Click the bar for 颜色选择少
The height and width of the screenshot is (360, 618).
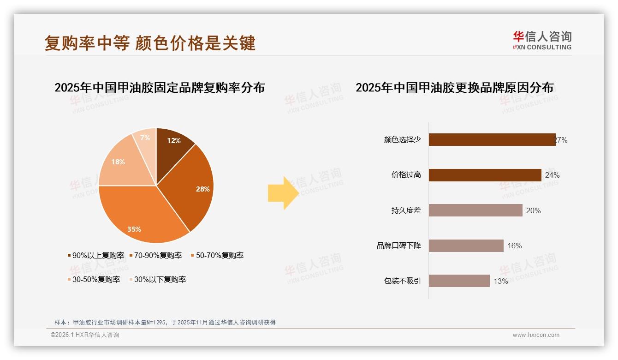click(492, 139)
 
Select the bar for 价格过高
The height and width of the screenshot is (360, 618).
click(485, 175)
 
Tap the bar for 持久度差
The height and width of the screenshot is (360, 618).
click(475, 210)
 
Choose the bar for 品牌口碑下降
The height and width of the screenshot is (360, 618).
click(466, 246)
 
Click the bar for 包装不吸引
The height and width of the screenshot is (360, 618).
click(459, 281)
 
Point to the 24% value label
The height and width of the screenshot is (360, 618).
click(552, 175)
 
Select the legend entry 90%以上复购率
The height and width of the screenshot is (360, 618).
click(95, 255)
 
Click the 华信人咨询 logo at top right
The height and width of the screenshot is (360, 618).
click(542, 40)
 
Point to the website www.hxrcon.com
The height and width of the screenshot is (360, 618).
click(536, 335)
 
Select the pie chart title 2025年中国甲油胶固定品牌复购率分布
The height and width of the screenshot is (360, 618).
click(160, 87)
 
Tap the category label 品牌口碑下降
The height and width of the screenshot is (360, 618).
click(399, 246)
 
